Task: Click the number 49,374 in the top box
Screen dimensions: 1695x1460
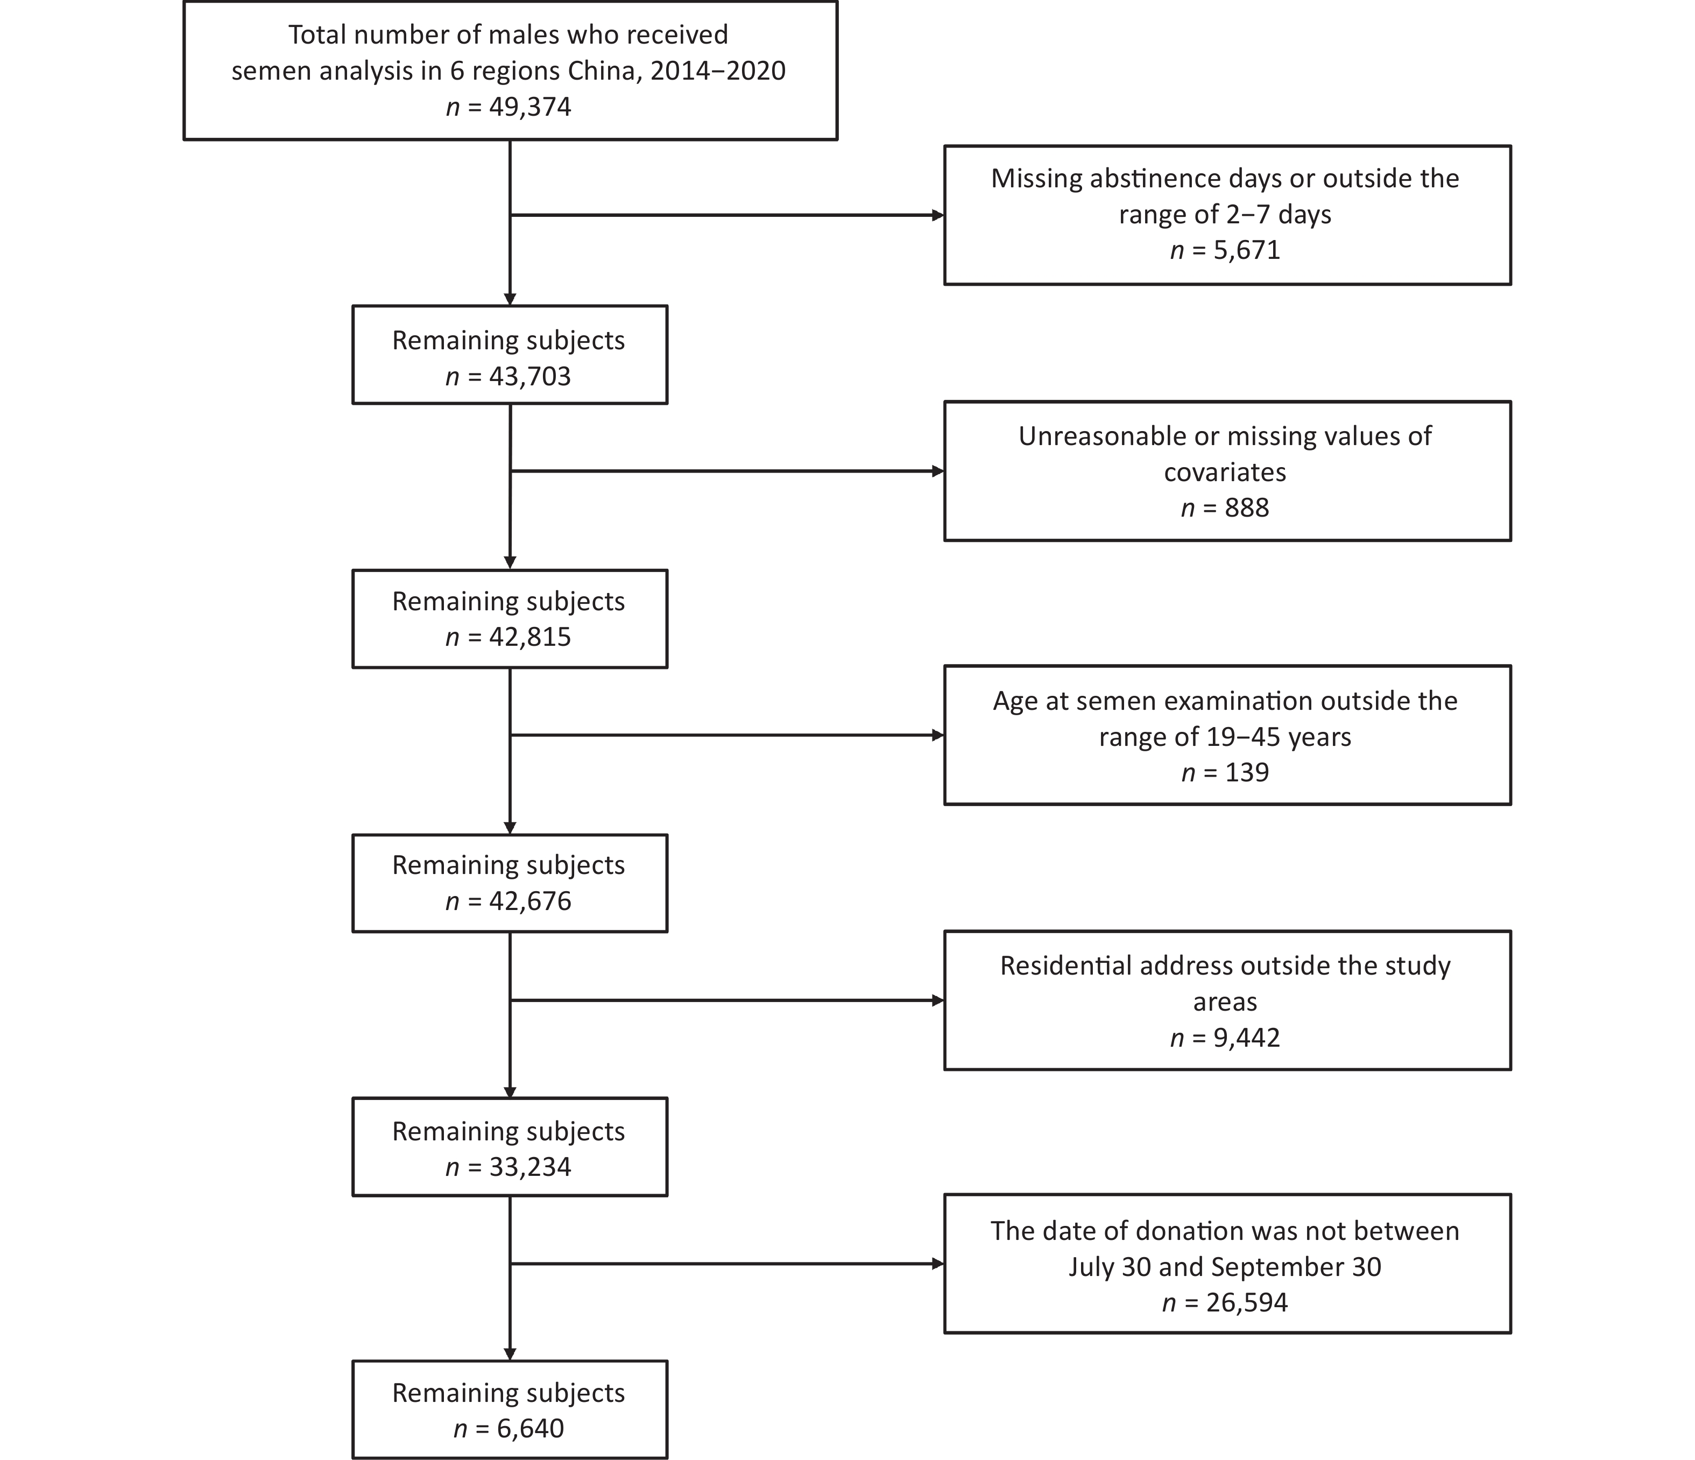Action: [x=530, y=107]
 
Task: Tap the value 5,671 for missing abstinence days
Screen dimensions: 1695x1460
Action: [x=1247, y=250]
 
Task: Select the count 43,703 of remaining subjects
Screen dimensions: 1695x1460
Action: [x=530, y=376]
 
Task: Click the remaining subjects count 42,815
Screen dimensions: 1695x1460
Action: [x=530, y=637]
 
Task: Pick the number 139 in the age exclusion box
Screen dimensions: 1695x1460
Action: [x=1247, y=773]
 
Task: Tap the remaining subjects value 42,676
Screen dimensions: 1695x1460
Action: [x=530, y=901]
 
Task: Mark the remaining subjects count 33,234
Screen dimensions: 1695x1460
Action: [x=530, y=1167]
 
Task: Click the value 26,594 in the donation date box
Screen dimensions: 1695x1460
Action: [x=1247, y=1302]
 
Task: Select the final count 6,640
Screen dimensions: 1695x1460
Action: [x=530, y=1428]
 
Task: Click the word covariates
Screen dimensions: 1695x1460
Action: [x=1225, y=472]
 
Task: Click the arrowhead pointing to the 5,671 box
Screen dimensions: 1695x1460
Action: [x=938, y=216]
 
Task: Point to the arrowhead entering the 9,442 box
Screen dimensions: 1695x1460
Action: [x=938, y=1000]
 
